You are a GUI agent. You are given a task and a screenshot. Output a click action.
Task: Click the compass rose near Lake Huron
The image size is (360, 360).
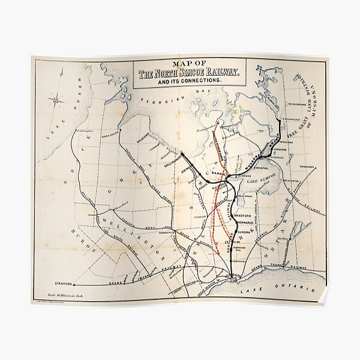point(58,100)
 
